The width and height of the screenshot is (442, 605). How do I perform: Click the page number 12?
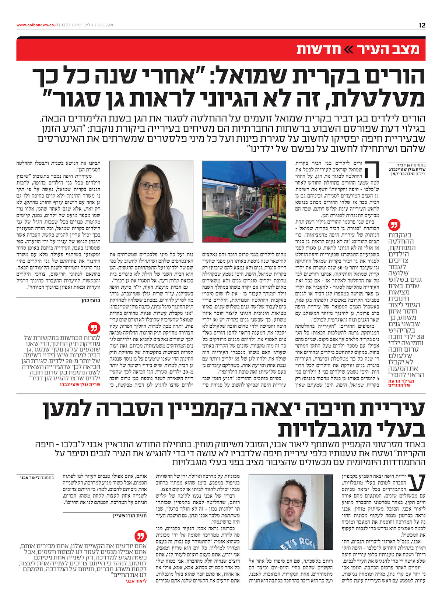[x=422, y=25]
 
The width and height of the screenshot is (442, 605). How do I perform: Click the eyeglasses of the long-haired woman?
[x=150, y=187]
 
